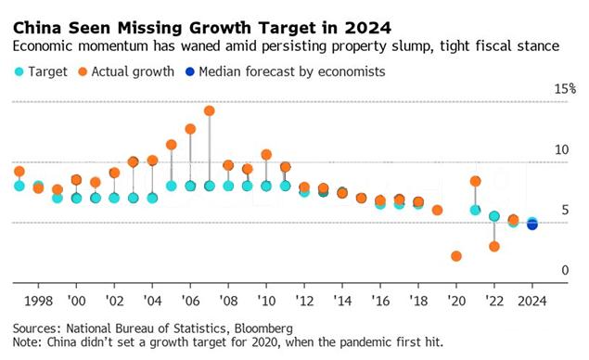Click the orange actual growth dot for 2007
[x=210, y=110]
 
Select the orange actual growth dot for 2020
[x=456, y=256]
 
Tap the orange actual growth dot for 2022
[x=494, y=246]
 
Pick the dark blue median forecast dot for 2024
[x=532, y=225]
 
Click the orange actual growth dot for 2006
[x=190, y=129]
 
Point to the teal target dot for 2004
[x=152, y=198]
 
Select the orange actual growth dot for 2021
[x=476, y=181]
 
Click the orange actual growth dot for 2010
[x=266, y=155]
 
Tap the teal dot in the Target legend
[x=19, y=71]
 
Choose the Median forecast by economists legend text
[x=283, y=71]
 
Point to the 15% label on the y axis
[x=565, y=89]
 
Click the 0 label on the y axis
[x=566, y=270]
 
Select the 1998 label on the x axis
[x=39, y=302]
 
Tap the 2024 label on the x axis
[x=532, y=302]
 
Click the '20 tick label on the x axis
[x=456, y=302]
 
